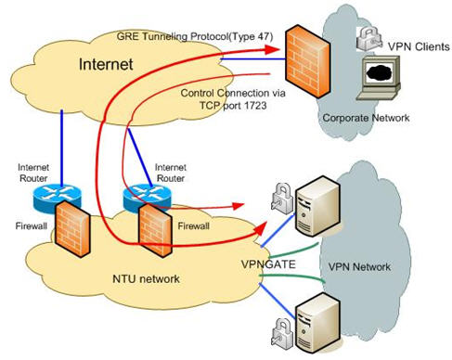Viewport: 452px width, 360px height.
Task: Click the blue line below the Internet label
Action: pos(61,130)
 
